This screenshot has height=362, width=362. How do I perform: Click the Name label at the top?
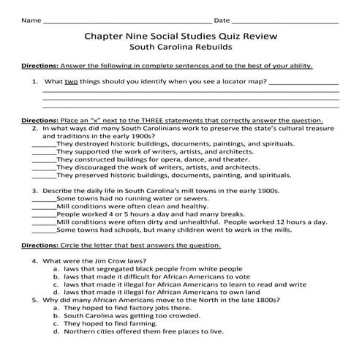(x=31, y=20)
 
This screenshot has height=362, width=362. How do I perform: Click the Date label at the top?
(x=222, y=20)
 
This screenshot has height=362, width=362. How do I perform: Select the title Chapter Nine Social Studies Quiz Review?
(x=181, y=36)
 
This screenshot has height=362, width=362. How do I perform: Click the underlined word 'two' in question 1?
(x=72, y=82)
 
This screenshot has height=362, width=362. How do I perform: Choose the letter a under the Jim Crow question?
(x=56, y=268)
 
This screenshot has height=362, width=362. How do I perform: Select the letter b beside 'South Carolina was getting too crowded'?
(x=56, y=315)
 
